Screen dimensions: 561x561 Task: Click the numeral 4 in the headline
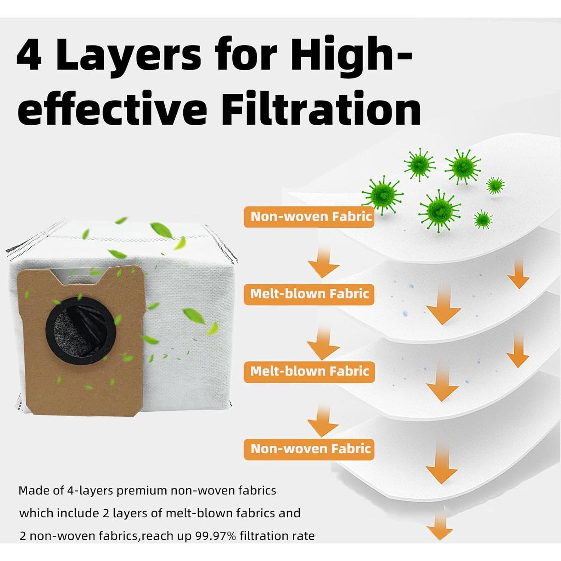(x=29, y=53)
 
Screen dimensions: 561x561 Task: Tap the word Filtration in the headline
(x=321, y=108)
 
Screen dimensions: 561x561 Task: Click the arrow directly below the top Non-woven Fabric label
(x=324, y=262)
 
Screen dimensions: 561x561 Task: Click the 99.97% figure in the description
(x=216, y=536)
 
